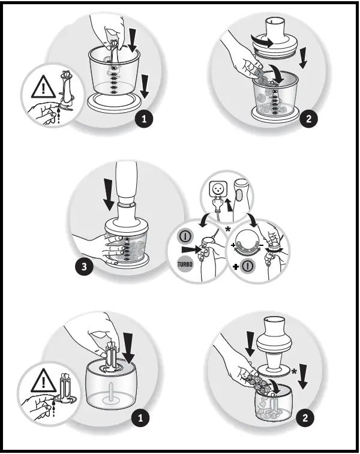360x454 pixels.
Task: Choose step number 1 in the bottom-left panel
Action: [x=140, y=418]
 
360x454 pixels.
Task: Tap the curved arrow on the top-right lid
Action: [x=263, y=41]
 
